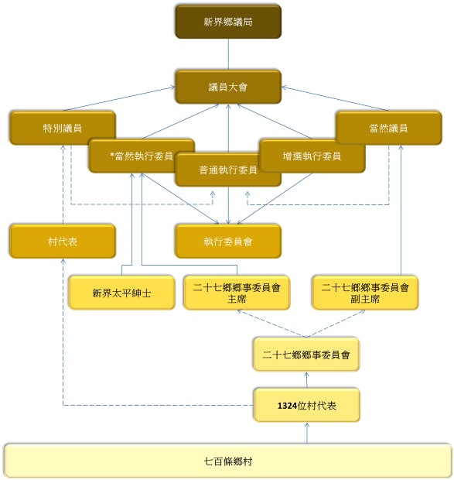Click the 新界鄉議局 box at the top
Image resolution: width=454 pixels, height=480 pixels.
tap(228, 22)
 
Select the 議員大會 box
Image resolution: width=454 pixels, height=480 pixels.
tap(228, 87)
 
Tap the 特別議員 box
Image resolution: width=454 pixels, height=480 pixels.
tap(63, 128)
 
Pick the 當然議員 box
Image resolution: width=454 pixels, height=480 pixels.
tap(388, 128)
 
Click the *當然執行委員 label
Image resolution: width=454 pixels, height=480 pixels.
tap(142, 156)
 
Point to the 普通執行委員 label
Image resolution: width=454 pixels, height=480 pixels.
tap(227, 170)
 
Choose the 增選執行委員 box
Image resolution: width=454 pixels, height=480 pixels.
tap(312, 156)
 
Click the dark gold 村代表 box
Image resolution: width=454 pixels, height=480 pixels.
tap(63, 242)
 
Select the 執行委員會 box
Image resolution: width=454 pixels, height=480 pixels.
tap(228, 242)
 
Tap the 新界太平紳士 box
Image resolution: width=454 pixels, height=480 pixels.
tap(121, 293)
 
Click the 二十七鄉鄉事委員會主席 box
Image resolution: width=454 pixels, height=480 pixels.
tap(237, 293)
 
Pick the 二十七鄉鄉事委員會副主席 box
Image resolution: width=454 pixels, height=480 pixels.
tap(365, 293)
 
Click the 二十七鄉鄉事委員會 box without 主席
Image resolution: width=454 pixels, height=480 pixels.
tap(306, 355)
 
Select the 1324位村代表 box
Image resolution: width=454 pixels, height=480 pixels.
tap(306, 406)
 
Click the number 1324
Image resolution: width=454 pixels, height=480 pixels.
tap(287, 406)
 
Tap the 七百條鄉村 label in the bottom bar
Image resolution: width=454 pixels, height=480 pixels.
tap(228, 461)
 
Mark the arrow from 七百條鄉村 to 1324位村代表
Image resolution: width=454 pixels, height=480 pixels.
tap(307, 433)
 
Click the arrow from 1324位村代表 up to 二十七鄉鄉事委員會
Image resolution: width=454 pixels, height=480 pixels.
tap(306, 380)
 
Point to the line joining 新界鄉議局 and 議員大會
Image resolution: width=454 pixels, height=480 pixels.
tap(228, 54)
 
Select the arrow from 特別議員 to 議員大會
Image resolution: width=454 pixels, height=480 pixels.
tap(119, 98)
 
